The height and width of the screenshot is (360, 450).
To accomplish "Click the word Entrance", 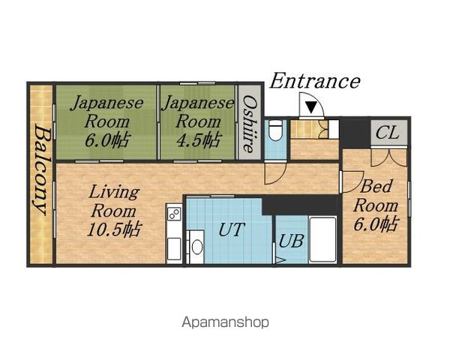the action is (x=315, y=81).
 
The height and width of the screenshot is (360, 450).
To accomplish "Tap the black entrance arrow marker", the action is (x=311, y=107).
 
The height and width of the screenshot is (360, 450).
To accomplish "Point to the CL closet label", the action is (x=388, y=133).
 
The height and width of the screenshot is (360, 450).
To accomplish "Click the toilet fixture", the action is (x=276, y=130).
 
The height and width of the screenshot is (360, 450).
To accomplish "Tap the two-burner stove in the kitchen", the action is (x=174, y=214).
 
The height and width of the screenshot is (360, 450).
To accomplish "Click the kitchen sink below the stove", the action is (x=174, y=248).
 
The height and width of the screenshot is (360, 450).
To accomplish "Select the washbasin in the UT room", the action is (x=196, y=247).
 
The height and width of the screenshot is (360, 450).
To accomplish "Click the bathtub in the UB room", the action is (x=322, y=239).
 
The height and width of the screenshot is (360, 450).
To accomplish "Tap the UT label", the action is (x=232, y=229).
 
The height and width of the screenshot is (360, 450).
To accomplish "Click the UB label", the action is (x=291, y=241).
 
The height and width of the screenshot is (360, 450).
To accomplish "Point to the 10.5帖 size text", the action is (x=114, y=229).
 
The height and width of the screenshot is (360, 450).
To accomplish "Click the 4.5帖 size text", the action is (x=199, y=139).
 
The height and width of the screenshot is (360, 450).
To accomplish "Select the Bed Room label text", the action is (x=376, y=196).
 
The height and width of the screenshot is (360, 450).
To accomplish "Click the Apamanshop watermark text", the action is (x=225, y=322).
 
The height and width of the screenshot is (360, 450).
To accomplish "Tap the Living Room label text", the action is (x=114, y=202).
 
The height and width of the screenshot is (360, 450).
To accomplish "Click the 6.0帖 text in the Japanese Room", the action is (x=107, y=140).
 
